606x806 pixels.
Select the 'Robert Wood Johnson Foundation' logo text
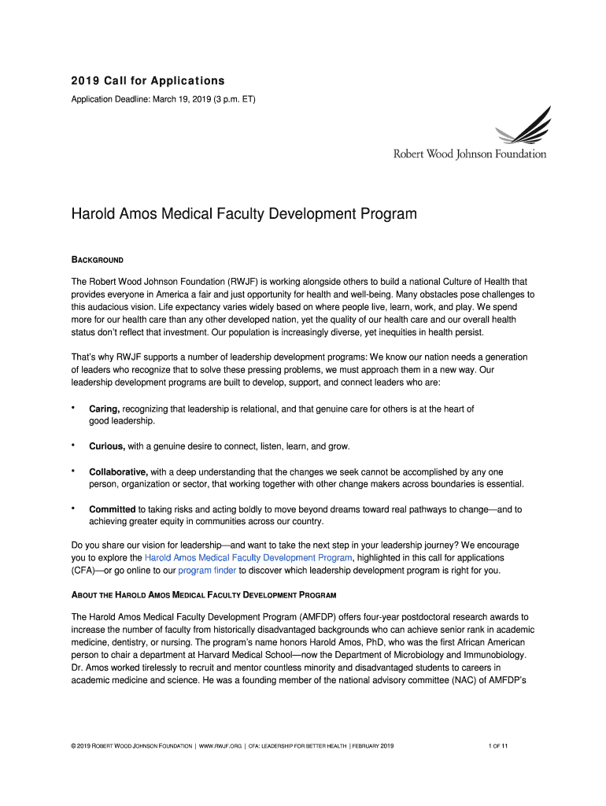point(470,154)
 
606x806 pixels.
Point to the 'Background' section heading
point(98,260)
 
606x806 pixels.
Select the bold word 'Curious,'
point(107,446)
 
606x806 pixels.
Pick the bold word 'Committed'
point(112,509)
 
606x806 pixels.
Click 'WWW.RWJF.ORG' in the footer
point(221,745)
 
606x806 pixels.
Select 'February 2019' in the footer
point(371,745)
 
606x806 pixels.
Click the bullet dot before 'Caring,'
point(73,408)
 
